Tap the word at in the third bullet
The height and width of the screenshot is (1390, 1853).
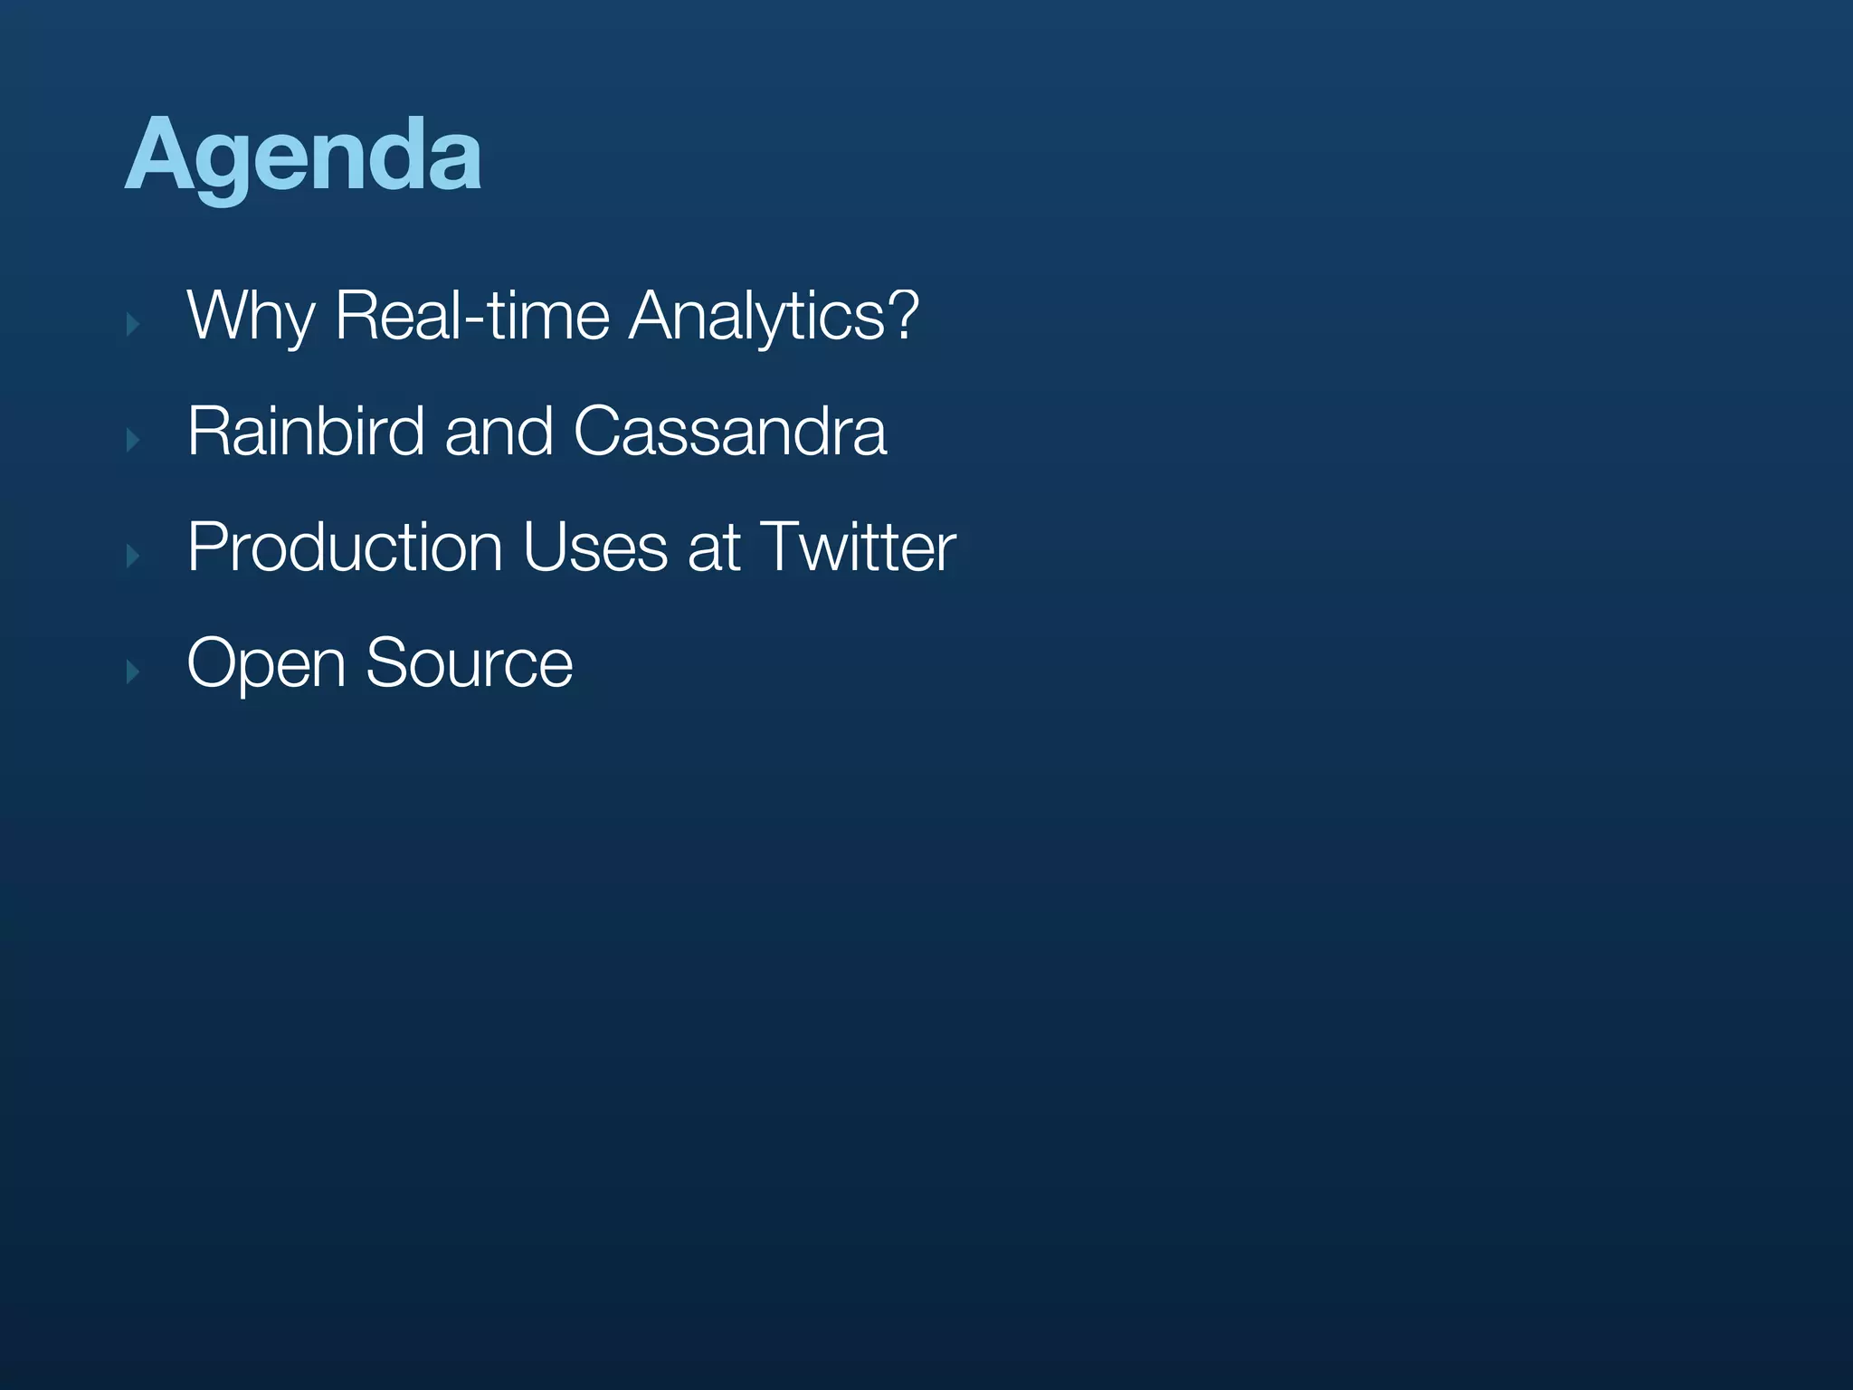pos(714,548)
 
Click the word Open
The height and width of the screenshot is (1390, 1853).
pos(266,664)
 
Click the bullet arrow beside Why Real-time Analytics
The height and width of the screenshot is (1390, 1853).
pos(133,324)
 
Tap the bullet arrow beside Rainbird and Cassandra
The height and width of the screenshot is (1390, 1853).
pos(133,440)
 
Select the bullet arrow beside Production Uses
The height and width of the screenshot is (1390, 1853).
pos(133,556)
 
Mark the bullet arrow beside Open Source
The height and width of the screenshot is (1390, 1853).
pos(133,671)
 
